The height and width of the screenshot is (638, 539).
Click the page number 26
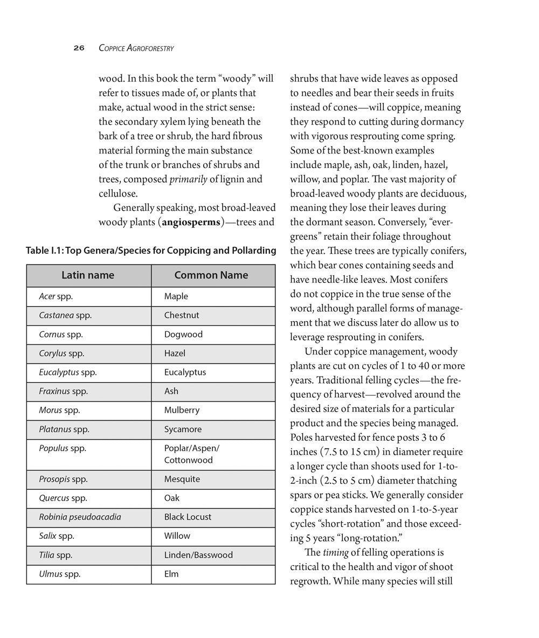coord(79,48)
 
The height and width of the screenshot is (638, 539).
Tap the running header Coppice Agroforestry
coord(136,48)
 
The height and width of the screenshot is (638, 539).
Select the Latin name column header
coord(88,275)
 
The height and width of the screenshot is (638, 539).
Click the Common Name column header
coord(211,275)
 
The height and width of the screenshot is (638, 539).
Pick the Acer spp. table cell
coord(56,296)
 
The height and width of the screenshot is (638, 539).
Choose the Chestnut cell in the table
coord(182,315)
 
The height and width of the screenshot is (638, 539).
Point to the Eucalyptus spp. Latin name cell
coord(68,372)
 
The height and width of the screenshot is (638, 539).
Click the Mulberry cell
coord(182,410)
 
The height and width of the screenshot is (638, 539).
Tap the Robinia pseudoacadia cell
coord(80,517)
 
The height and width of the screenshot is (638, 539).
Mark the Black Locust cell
coord(188,517)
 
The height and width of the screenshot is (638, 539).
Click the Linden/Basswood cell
coord(198,555)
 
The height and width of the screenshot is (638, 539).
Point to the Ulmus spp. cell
coord(59,574)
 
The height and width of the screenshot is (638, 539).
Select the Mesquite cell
coord(182,479)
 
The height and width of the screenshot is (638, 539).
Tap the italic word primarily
coord(188,179)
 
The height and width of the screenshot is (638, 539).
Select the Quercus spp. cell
coord(63,498)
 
